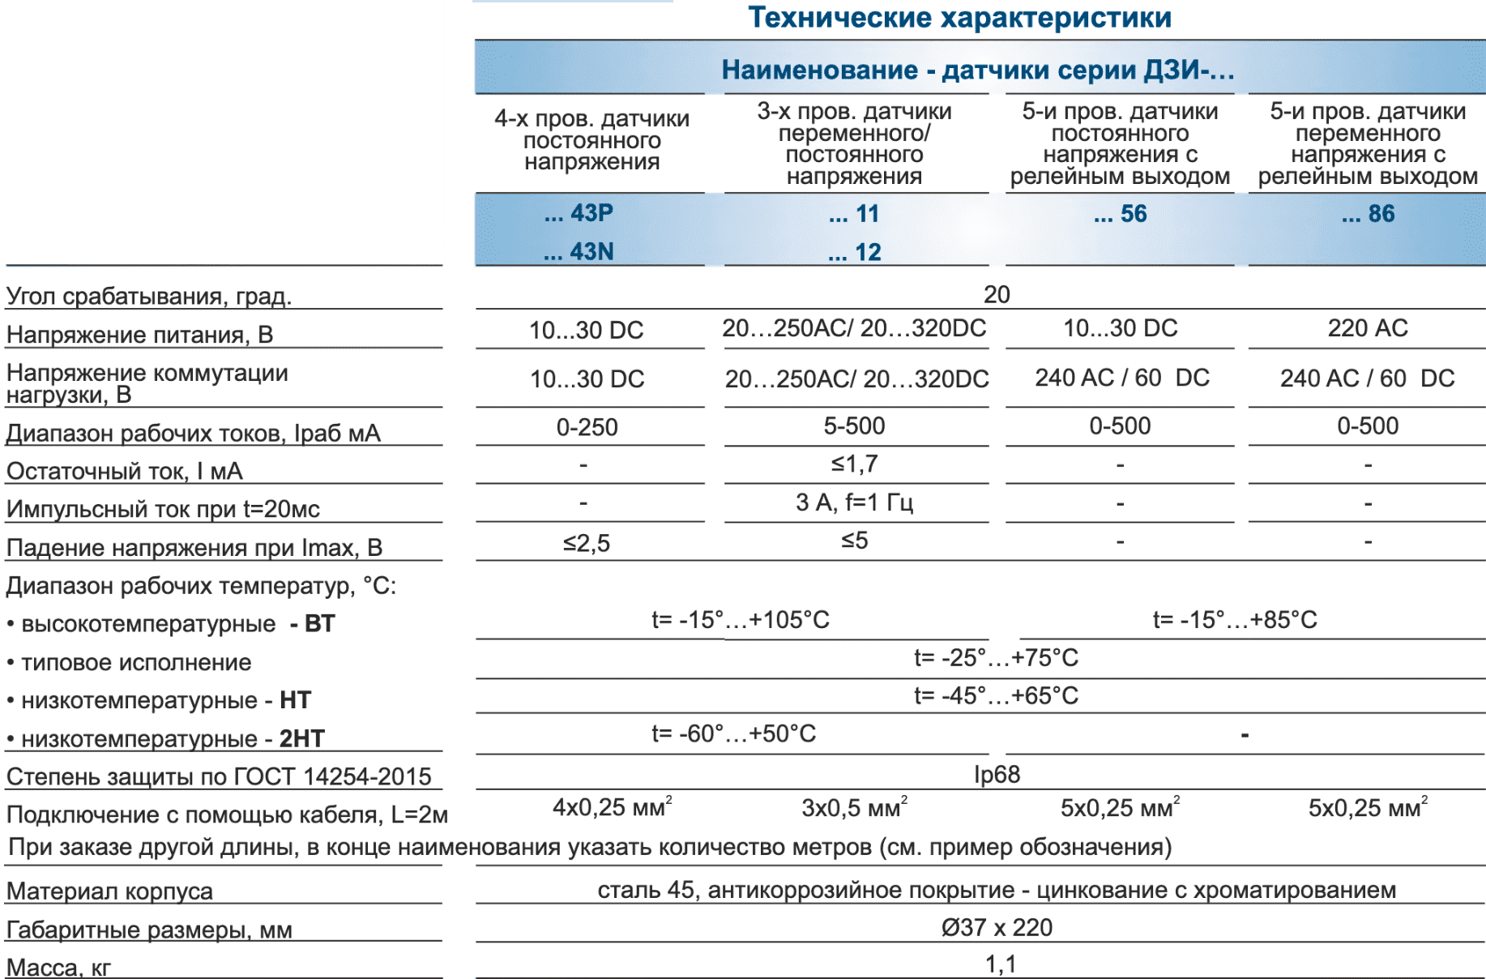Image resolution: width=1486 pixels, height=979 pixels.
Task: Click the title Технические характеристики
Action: click(959, 18)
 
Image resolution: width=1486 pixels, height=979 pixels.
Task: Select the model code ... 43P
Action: click(579, 213)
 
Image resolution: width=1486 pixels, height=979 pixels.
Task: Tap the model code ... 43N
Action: click(579, 252)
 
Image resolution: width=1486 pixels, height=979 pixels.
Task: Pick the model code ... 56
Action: click(1120, 214)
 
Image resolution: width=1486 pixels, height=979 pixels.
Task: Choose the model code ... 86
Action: click(1368, 214)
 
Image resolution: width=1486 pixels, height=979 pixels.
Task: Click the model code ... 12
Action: click(854, 252)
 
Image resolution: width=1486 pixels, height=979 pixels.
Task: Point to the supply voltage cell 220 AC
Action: click(1368, 328)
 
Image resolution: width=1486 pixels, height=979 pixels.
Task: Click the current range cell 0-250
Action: click(587, 427)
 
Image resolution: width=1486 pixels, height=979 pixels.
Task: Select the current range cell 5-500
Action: click(854, 426)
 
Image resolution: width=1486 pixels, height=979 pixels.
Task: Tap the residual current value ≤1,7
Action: click(854, 464)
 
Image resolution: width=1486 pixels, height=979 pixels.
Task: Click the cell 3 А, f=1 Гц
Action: click(854, 502)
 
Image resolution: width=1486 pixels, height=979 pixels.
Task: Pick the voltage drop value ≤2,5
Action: click(587, 542)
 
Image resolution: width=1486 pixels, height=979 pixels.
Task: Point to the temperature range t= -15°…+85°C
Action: click(1235, 620)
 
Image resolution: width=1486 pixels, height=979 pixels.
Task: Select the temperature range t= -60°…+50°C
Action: click(733, 734)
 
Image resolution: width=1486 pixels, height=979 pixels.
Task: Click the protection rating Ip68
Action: click(997, 775)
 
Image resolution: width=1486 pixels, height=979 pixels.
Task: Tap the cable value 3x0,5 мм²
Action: click(854, 808)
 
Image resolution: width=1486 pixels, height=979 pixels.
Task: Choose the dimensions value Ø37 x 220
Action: click(997, 927)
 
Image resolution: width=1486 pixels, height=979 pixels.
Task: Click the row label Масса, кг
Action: click(58, 967)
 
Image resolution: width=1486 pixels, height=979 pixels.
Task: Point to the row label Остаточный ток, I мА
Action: click(124, 471)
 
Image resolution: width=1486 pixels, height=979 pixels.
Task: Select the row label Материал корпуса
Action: click(109, 891)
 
